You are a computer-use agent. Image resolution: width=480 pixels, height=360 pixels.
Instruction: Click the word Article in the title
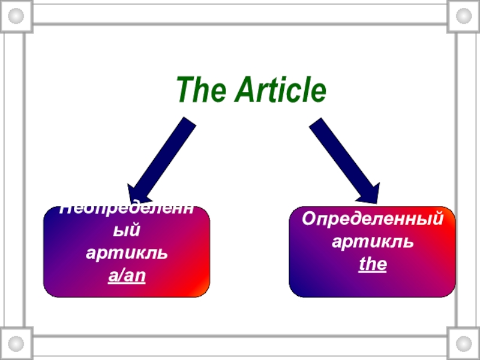[280, 90]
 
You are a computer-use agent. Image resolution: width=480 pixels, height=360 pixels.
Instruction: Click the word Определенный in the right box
[372, 219]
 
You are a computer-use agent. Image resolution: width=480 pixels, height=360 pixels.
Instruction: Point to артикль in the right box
[372, 241]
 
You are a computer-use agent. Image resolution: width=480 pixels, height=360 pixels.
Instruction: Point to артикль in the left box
[126, 254]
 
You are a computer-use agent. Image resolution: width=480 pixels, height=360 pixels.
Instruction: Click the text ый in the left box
[126, 231]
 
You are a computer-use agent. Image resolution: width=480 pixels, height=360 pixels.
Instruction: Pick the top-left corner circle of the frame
[16, 16]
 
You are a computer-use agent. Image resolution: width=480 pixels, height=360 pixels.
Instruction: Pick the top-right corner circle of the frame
[464, 16]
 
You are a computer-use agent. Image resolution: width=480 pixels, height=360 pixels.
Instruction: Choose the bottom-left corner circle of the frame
[16, 344]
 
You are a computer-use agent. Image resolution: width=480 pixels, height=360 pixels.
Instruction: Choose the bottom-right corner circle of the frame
[464, 344]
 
